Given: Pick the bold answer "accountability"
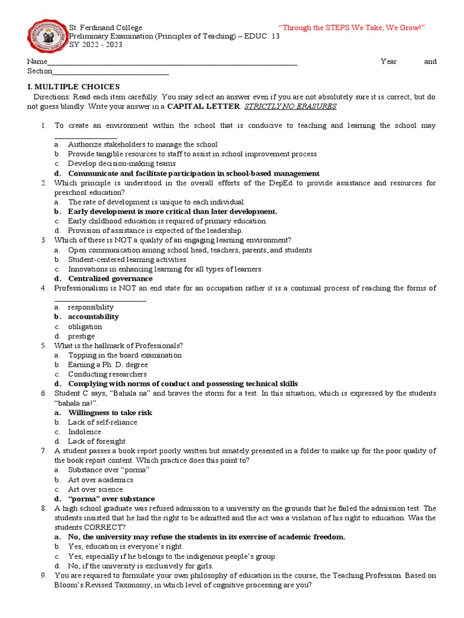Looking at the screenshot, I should (x=93, y=316).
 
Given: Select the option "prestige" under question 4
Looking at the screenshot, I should (x=82, y=336).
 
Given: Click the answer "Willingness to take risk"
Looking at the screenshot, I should (x=110, y=413).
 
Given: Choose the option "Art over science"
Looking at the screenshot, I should (x=95, y=489).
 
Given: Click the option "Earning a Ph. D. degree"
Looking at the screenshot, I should (x=108, y=365).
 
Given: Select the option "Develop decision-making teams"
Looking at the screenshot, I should (x=122, y=164).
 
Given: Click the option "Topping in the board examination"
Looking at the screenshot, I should (x=124, y=355).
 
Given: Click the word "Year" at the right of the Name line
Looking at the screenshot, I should (x=389, y=62).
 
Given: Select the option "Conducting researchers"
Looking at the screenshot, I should (x=108, y=374).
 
